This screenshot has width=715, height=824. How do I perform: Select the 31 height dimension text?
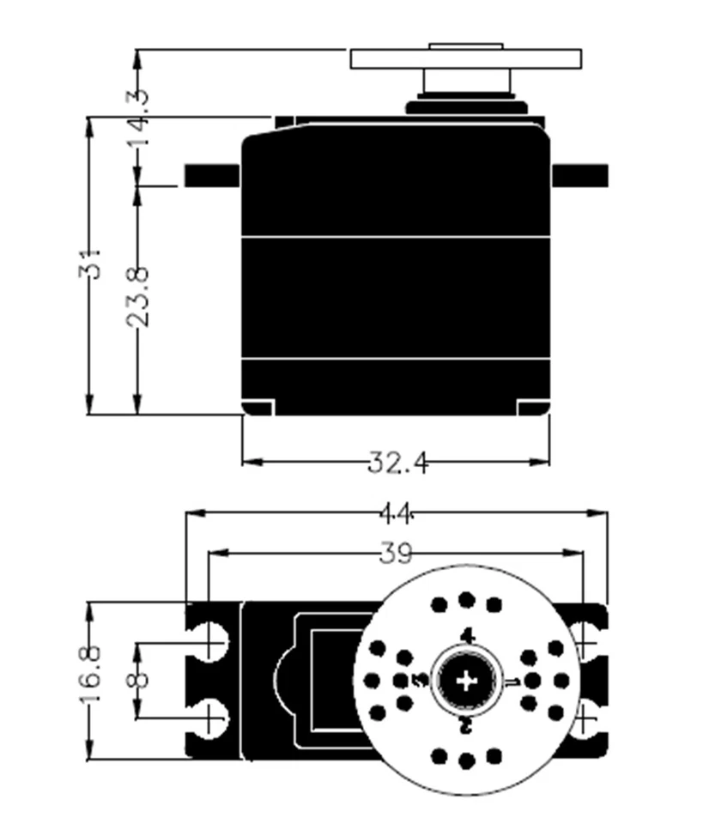[x=92, y=264]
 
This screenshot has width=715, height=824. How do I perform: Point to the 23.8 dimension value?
[x=137, y=296]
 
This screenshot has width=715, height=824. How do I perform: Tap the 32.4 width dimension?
[x=397, y=463]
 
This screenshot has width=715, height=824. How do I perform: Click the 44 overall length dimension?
[x=397, y=514]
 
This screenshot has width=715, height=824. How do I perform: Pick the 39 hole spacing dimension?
[x=396, y=554]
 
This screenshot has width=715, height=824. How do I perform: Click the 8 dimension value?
[x=137, y=679]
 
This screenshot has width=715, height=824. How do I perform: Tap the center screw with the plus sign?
[x=466, y=681]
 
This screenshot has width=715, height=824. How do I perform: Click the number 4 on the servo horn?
[x=467, y=636]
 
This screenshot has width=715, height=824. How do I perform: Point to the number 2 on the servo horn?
[x=466, y=726]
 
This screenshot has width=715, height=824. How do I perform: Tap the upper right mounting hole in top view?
[x=587, y=642]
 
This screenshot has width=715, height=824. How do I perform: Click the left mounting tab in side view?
[x=212, y=174]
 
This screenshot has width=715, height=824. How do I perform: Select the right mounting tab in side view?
[x=579, y=174]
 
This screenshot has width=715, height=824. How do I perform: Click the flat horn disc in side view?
[x=466, y=58]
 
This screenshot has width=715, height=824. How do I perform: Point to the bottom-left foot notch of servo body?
[x=258, y=407]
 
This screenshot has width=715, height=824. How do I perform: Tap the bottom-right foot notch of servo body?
[x=533, y=407]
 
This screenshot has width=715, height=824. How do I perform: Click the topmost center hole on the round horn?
[x=466, y=599]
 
